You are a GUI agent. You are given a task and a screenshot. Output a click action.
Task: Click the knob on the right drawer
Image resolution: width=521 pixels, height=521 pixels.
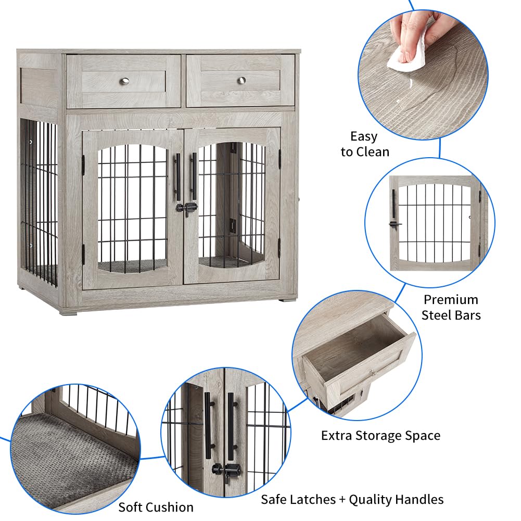coord(241,80)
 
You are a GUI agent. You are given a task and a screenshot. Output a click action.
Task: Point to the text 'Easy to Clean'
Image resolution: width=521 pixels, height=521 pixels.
coord(364,144)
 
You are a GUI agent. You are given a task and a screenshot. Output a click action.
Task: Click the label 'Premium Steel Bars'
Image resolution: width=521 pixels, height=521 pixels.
coord(451,307)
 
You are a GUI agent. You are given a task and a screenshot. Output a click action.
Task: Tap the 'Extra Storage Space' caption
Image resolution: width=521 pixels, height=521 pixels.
coord(380,435)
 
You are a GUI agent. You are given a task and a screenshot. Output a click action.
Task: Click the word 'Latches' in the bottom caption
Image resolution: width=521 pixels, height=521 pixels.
coord(316,500)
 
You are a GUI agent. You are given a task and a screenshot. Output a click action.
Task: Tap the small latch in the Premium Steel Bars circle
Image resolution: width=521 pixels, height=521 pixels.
coord(394,224)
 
